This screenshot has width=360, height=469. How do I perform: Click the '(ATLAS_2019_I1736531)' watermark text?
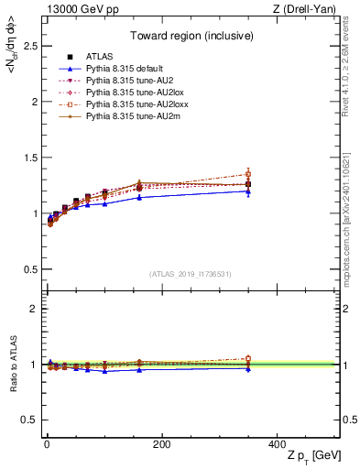[x=191, y=274]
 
